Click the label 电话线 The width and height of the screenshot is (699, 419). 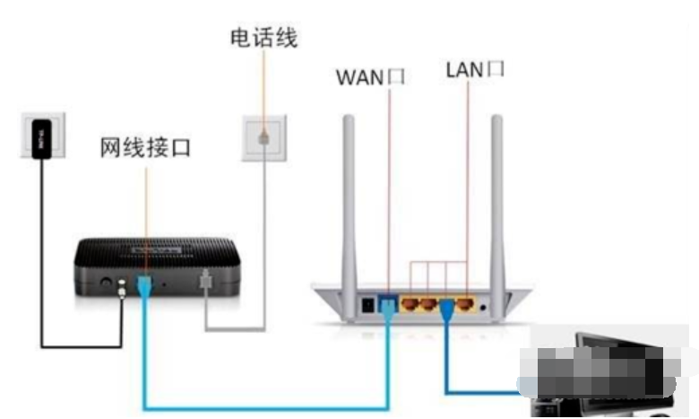coord(263,38)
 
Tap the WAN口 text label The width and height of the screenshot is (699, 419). coord(370,76)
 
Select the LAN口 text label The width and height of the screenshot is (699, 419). coord(475,70)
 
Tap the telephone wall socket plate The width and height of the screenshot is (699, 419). coord(263,139)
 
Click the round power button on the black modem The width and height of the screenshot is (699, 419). coord(108,282)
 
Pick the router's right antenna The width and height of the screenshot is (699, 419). coord(496,197)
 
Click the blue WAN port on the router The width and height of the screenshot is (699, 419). coord(388,302)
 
